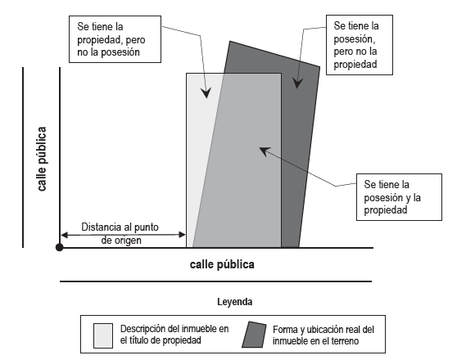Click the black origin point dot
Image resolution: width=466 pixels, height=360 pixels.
[x=60, y=247]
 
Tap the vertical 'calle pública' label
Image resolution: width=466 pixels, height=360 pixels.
[x=42, y=159]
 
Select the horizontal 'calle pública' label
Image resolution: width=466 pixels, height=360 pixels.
[x=222, y=264]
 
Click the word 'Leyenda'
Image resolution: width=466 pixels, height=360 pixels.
[x=235, y=302]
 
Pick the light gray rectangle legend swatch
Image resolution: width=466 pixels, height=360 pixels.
[x=103, y=335]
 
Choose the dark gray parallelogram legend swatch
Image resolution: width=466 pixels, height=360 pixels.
[x=254, y=335]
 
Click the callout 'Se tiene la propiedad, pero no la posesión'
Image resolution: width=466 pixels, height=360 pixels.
[x=115, y=39]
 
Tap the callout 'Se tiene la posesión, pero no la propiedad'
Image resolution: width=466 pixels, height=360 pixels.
[x=360, y=45]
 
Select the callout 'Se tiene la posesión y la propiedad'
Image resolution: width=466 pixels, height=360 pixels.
[x=399, y=197]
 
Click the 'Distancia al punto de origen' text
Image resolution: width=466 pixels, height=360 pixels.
[x=120, y=233]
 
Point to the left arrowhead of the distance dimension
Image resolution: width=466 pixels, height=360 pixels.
[x=64, y=236]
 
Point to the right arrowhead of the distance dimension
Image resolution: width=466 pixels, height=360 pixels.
[x=182, y=235]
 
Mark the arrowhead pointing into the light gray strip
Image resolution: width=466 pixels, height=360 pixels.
[x=206, y=92]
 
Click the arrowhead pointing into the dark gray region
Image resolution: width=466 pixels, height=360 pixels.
[x=297, y=83]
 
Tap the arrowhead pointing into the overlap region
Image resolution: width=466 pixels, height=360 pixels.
[x=265, y=151]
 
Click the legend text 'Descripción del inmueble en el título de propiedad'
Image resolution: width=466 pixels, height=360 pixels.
[x=174, y=335]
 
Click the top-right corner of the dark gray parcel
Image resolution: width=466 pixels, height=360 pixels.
[x=319, y=67]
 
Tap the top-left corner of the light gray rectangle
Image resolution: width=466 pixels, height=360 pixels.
[x=187, y=74]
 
